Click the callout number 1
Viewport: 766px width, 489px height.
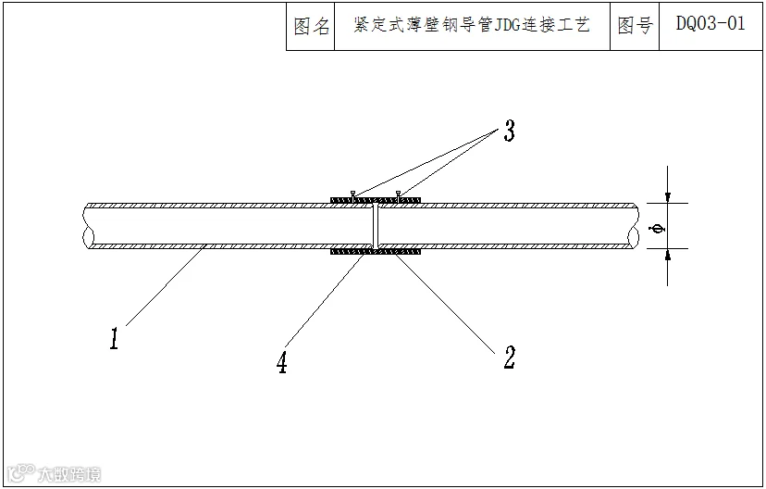pyautogui.click(x=114, y=338)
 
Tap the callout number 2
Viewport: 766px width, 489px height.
pyautogui.click(x=510, y=357)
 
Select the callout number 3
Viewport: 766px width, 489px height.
pyautogui.click(x=510, y=131)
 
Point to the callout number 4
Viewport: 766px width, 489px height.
pyautogui.click(x=282, y=363)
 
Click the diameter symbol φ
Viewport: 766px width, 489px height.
pyautogui.click(x=659, y=229)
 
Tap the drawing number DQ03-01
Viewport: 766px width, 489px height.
pyautogui.click(x=710, y=23)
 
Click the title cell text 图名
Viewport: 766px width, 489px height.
pyautogui.click(x=312, y=27)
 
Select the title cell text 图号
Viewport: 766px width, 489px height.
pyautogui.click(x=635, y=25)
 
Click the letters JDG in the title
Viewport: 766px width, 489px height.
pyautogui.click(x=508, y=24)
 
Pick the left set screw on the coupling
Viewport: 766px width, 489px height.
pyautogui.click(x=352, y=194)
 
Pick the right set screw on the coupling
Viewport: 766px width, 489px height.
pyautogui.click(x=399, y=194)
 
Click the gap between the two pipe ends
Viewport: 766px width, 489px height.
pyautogui.click(x=376, y=226)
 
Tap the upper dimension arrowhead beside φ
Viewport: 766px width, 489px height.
pyautogui.click(x=668, y=197)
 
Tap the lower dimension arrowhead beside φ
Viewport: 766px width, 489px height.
pyautogui.click(x=668, y=255)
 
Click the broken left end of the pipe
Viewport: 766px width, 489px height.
pyautogui.click(x=88, y=226)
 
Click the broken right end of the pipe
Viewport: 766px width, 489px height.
pyautogui.click(x=634, y=226)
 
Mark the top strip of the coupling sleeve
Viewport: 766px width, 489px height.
pyautogui.click(x=376, y=200)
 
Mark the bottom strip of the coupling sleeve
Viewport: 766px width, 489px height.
pyautogui.click(x=376, y=252)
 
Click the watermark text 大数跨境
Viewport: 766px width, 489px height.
pyautogui.click(x=69, y=474)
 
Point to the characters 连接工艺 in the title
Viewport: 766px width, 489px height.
pyautogui.click(x=556, y=24)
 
